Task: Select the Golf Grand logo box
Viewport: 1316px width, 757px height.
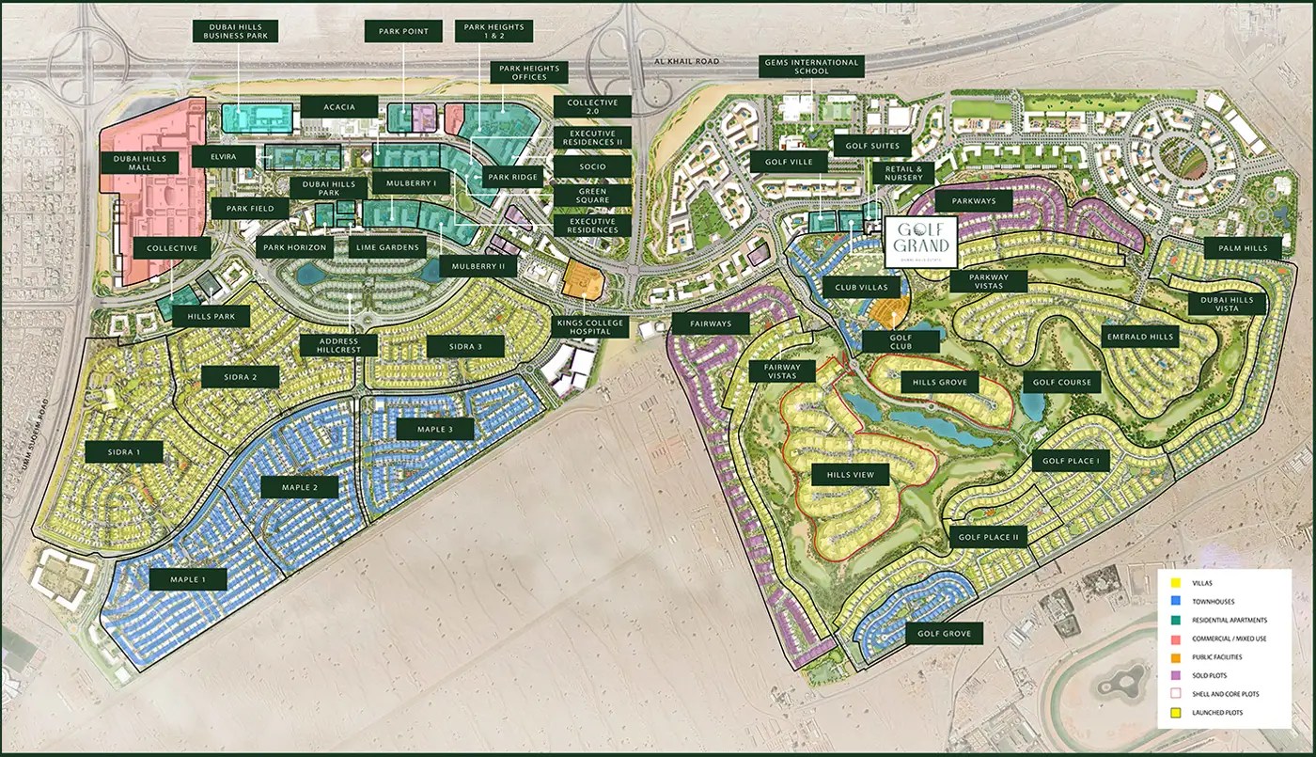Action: tap(920, 243)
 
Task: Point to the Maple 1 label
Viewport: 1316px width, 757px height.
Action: tap(188, 578)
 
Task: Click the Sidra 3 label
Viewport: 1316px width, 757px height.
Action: tap(464, 346)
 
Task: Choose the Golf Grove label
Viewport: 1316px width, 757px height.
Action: tap(944, 633)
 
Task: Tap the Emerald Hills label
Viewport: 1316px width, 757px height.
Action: tap(1139, 337)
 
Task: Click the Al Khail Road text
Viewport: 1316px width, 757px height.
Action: tap(686, 61)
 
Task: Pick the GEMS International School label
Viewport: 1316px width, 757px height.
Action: tap(810, 68)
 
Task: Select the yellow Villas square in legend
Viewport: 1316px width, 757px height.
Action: tap(1174, 583)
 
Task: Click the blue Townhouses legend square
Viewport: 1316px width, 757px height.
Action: tap(1174, 602)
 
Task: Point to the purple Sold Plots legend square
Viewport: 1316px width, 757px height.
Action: tap(1174, 675)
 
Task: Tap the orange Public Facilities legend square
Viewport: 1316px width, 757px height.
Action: tap(1174, 657)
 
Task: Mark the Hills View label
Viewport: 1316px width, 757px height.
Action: tap(851, 475)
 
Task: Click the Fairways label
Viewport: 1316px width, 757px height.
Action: tap(711, 324)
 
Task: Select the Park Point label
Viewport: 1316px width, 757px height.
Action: tap(403, 31)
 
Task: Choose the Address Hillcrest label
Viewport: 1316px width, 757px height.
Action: tap(339, 345)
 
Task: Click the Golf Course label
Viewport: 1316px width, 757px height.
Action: tap(1062, 382)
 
